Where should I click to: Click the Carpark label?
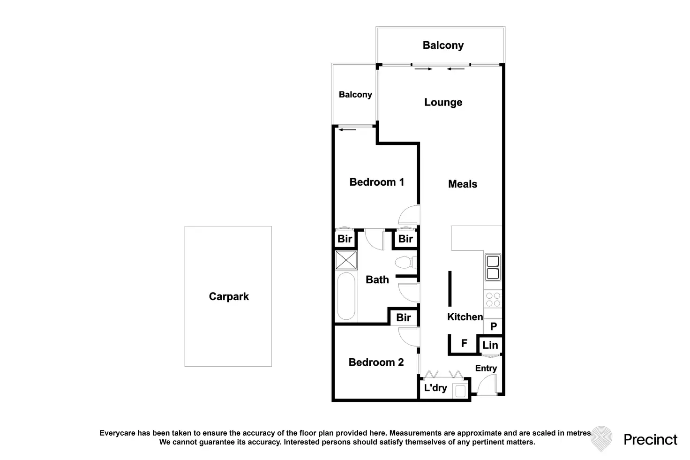[229, 296]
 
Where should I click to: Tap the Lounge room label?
[443, 102]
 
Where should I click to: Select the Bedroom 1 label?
[377, 182]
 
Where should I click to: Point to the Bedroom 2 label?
[376, 362]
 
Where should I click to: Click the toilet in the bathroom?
[405, 263]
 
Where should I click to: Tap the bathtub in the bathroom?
[346, 296]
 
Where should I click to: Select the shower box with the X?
[346, 260]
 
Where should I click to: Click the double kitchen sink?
[493, 267]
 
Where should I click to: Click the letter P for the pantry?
[494, 326]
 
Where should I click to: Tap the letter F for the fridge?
[464, 343]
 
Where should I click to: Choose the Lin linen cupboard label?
[490, 345]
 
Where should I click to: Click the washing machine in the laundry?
[460, 392]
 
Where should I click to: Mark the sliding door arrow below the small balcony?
[347, 130]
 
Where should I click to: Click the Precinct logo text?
[651, 440]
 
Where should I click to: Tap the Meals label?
[463, 184]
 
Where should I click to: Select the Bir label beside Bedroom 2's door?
[404, 317]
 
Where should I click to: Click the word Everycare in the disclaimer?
[117, 433]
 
